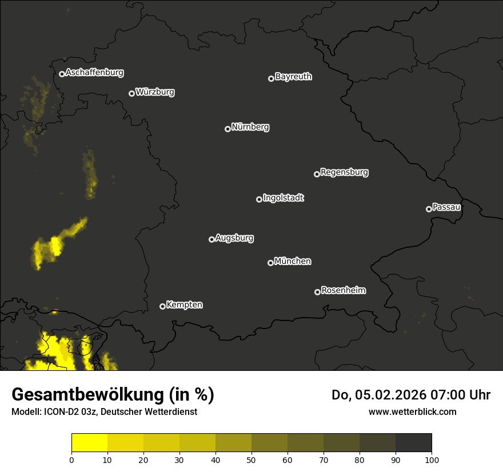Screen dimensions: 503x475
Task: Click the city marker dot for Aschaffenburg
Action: pyautogui.click(x=62, y=74)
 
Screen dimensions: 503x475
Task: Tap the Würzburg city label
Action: pyautogui.click(x=155, y=92)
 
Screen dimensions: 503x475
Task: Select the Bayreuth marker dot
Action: pyautogui.click(x=271, y=78)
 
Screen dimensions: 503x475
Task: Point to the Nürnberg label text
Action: pyautogui.click(x=250, y=127)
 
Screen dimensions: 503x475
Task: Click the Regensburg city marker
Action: pyautogui.click(x=317, y=174)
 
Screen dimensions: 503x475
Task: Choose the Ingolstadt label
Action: pyautogui.click(x=284, y=198)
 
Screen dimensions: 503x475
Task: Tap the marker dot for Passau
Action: pyautogui.click(x=429, y=209)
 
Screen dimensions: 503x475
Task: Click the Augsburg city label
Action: pyautogui.click(x=234, y=238)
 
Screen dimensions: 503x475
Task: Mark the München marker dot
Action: pyautogui.click(x=270, y=263)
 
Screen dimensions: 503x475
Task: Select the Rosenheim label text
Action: pyautogui.click(x=344, y=290)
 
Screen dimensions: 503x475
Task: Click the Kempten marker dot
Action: pyautogui.click(x=162, y=306)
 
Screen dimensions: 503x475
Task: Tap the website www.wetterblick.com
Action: pyautogui.click(x=412, y=411)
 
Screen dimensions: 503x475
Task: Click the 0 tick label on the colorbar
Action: pyautogui.click(x=71, y=459)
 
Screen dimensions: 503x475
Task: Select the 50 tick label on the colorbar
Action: pyautogui.click(x=251, y=459)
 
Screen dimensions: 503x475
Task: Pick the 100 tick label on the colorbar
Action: pyautogui.click(x=432, y=459)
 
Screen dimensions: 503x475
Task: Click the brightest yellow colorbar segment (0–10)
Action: pyautogui.click(x=90, y=443)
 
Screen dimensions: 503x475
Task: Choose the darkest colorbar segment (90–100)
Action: pyautogui.click(x=413, y=443)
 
